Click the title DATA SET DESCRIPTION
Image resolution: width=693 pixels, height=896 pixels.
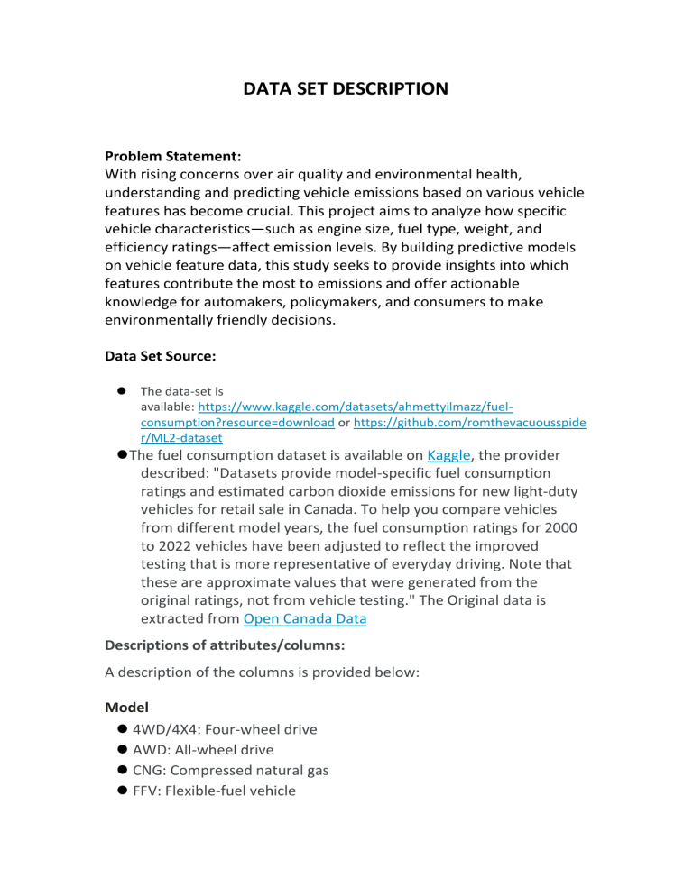(346, 89)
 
